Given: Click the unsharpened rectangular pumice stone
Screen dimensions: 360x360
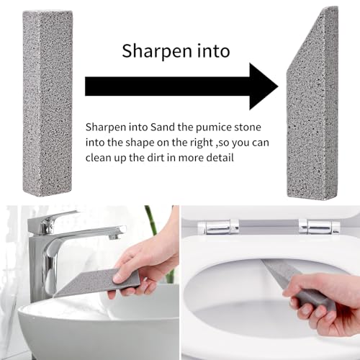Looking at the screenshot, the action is pos(48,103).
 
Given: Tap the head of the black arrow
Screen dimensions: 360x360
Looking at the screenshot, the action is pos(264,86).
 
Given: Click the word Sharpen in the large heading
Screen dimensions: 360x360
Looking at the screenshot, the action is pos(157,51).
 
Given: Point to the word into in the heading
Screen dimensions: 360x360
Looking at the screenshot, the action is pos(213,51).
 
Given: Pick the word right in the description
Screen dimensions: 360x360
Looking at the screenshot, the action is pos(202,143).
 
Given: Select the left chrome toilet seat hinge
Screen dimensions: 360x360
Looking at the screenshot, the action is pos(218,227).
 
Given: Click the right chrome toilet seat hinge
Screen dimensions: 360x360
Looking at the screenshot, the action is pos(319,227).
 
